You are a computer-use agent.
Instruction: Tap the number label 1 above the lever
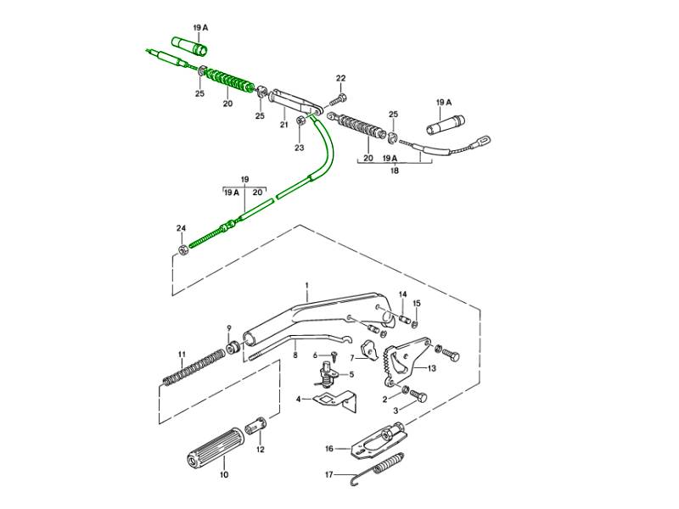pos(306,285)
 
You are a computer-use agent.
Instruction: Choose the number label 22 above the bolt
pos(340,79)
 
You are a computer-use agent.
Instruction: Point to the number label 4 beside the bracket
pos(299,399)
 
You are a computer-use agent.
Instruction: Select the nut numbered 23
pos(300,127)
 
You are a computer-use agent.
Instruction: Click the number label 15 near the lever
pos(417,303)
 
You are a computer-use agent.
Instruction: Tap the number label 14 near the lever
pos(403,295)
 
